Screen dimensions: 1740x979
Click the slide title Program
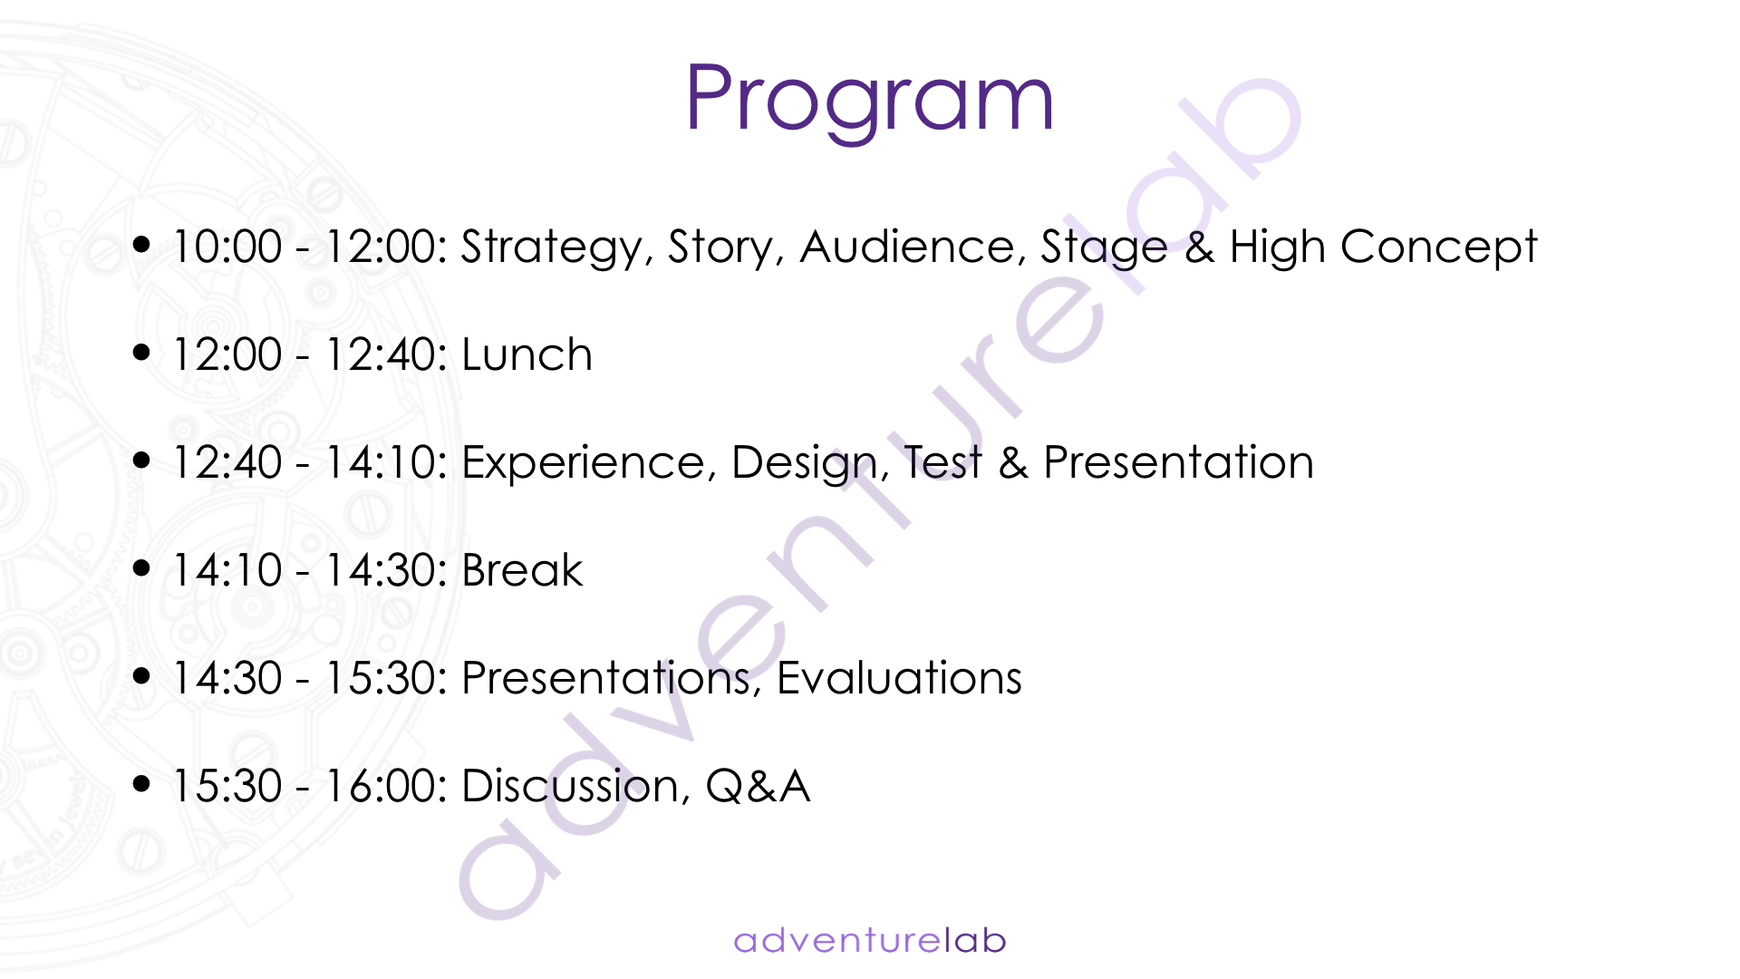tap(870, 100)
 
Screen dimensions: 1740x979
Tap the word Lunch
tap(527, 354)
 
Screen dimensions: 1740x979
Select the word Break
tap(522, 570)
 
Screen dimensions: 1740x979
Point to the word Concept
tap(1439, 248)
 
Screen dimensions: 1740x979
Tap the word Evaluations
tap(899, 678)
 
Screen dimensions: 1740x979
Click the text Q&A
tap(758, 786)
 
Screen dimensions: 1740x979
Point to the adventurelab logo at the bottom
tap(870, 940)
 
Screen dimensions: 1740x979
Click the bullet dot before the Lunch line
tap(141, 352)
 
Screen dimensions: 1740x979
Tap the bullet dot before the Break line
tap(141, 567)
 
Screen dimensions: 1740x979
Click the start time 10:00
tap(227, 247)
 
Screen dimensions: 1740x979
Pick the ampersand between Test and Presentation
tap(1013, 463)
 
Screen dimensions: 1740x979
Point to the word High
tap(1277, 248)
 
